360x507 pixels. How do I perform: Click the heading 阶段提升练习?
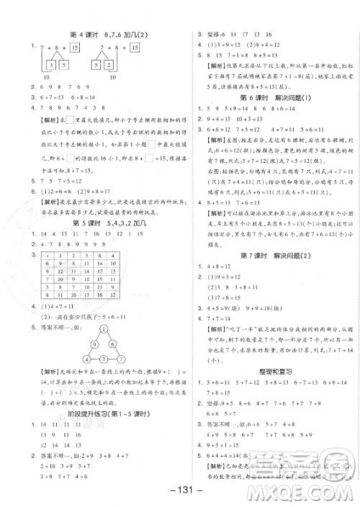coord(94,413)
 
